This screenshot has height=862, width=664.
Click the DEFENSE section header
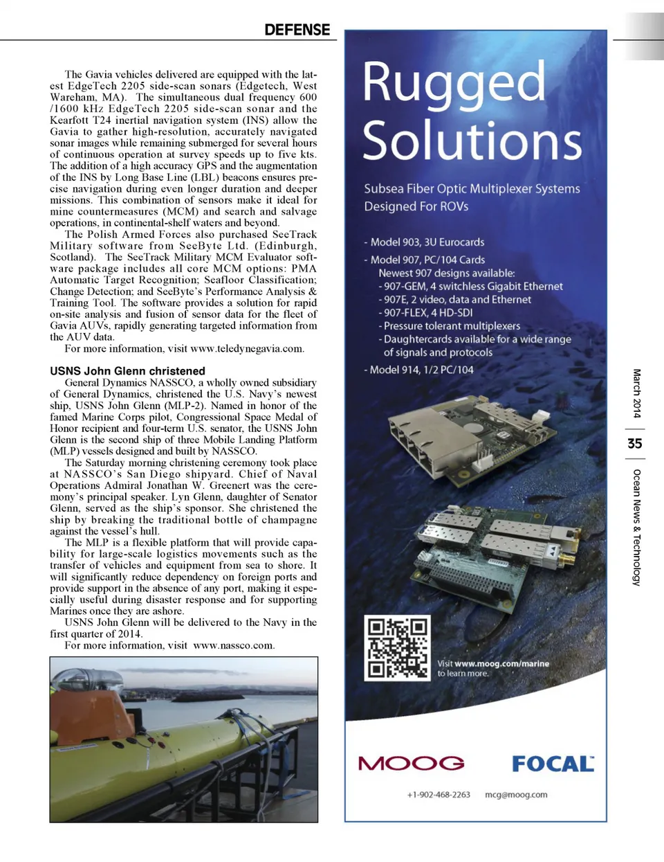point(297,30)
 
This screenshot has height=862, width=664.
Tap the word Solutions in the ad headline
point(472,141)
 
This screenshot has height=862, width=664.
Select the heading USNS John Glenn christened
point(127,371)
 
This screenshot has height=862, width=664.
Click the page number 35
point(634,443)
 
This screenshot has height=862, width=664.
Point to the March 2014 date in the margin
point(636,393)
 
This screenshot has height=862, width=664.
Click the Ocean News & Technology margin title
point(636,527)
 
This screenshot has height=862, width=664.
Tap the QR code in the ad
point(397,648)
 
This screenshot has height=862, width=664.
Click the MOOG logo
point(411,764)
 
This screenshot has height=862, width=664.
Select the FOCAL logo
point(553,764)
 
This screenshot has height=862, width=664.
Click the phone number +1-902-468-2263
point(439,795)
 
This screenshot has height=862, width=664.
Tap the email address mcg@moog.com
point(516,795)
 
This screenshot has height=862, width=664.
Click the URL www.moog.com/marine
point(501,663)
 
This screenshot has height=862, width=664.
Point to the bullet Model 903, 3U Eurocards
point(424,242)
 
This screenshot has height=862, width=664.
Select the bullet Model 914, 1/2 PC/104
point(418,370)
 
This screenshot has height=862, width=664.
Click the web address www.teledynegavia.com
point(247,349)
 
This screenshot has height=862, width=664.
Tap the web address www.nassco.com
point(234,645)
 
